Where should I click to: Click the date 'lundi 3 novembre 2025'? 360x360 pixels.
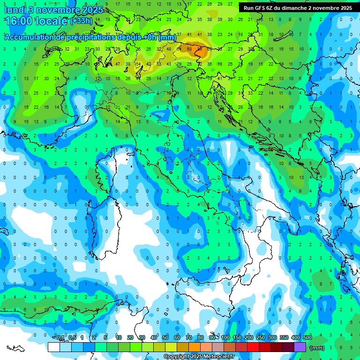pyautogui.click(x=53, y=10)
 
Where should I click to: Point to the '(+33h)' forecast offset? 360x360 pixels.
pyautogui.click(x=81, y=21)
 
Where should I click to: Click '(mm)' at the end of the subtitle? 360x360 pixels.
pyautogui.click(x=167, y=37)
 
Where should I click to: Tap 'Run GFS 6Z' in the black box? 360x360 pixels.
pyautogui.click(x=259, y=8)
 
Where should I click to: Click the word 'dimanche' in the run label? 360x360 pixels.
pyautogui.click(x=295, y=8)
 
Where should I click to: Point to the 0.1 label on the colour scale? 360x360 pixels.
pyautogui.click(x=61, y=338)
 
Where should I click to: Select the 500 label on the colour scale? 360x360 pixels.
pyautogui.click(x=307, y=338)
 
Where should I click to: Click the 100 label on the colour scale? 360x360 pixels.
pyautogui.click(x=225, y=338)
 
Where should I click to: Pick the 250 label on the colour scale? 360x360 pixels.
pyautogui.click(x=261, y=338)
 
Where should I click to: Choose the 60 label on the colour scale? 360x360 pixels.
pyautogui.click(x=177, y=338)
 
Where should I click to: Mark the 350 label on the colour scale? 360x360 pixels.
pyautogui.click(x=284, y=338)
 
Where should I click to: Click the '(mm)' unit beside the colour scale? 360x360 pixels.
pyautogui.click(x=317, y=348)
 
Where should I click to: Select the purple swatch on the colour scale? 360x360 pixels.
pyautogui.click(x=300, y=347)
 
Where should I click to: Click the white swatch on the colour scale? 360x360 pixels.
pyautogui.click(x=54, y=347)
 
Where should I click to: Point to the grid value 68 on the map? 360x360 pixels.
pyautogui.click(x=189, y=49)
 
